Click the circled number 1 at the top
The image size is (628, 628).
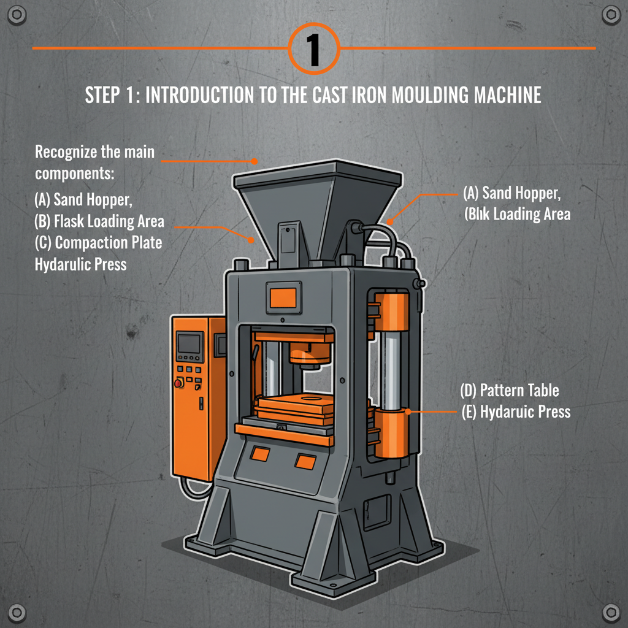tap(313, 48)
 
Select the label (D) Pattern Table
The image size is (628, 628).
tap(510, 390)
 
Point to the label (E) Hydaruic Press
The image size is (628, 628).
tap(516, 412)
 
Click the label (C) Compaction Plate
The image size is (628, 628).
tap(99, 242)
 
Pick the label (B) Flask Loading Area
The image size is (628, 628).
tap(99, 221)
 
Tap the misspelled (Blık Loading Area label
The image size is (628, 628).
tap(517, 214)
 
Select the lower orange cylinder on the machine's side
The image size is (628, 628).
tap(391, 435)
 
